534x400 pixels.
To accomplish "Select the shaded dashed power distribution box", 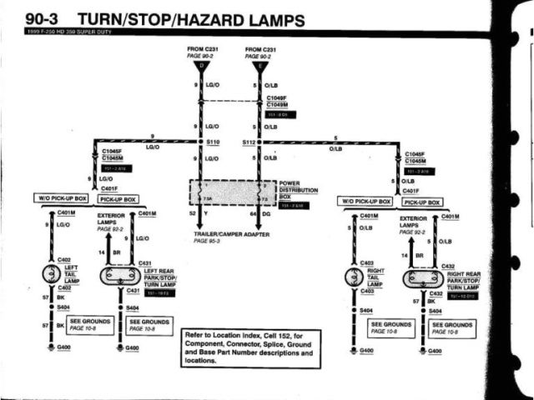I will (x=232, y=194).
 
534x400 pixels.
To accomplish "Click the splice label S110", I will (x=215, y=142).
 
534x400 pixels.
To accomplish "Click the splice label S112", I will (x=248, y=142).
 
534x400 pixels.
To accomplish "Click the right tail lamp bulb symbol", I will (x=357, y=276).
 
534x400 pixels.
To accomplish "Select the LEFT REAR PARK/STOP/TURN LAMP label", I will (x=159, y=277).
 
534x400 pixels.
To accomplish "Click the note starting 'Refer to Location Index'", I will (x=249, y=344).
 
